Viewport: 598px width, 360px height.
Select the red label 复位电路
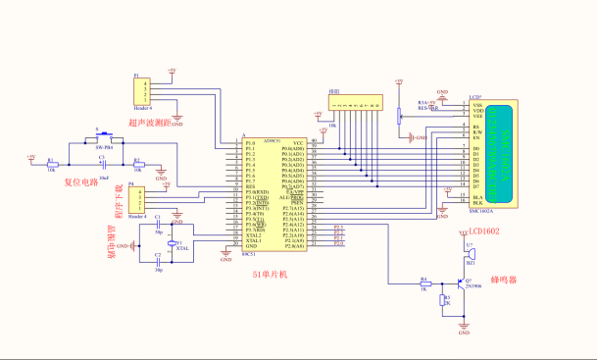tap(82, 181)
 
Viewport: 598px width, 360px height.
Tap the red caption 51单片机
tap(270, 275)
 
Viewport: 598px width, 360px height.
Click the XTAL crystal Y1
tap(174, 243)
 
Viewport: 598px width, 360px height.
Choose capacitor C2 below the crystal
tap(158, 262)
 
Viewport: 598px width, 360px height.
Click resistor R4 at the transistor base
tap(424, 283)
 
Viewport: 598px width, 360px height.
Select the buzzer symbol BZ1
tap(471, 256)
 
